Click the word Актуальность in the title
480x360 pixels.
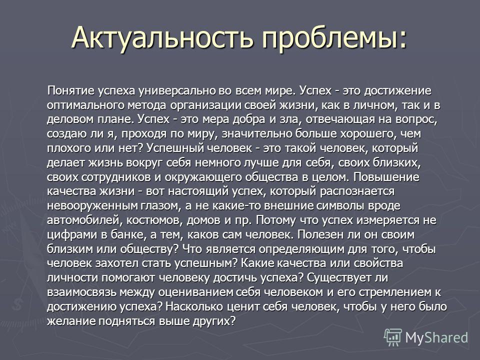tap(162, 38)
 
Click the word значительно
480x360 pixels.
tap(256, 134)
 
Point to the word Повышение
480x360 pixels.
tap(386, 177)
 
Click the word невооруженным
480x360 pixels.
tap(92, 205)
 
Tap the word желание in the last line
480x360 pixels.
tap(71, 321)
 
